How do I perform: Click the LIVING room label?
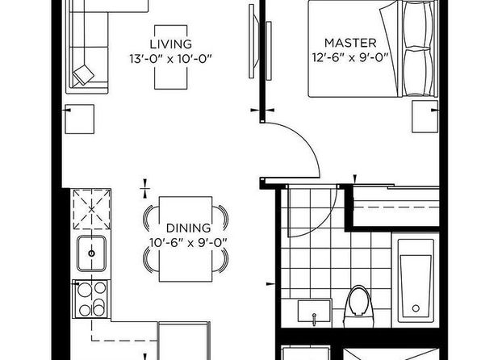click(170, 44)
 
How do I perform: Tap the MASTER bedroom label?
click(350, 43)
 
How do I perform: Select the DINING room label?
click(188, 228)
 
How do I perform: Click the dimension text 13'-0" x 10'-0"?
click(170, 59)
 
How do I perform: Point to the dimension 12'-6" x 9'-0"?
click(350, 57)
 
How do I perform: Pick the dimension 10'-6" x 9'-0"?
click(188, 243)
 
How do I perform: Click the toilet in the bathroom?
click(358, 307)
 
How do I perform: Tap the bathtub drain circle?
click(416, 308)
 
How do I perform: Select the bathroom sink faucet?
click(314, 319)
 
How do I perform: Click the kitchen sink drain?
click(91, 253)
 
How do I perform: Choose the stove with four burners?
click(91, 299)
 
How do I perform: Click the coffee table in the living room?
click(171, 57)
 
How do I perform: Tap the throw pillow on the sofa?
click(83, 74)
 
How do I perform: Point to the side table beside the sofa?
click(80, 119)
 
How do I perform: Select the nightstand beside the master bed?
click(425, 116)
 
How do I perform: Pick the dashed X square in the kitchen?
click(92, 210)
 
